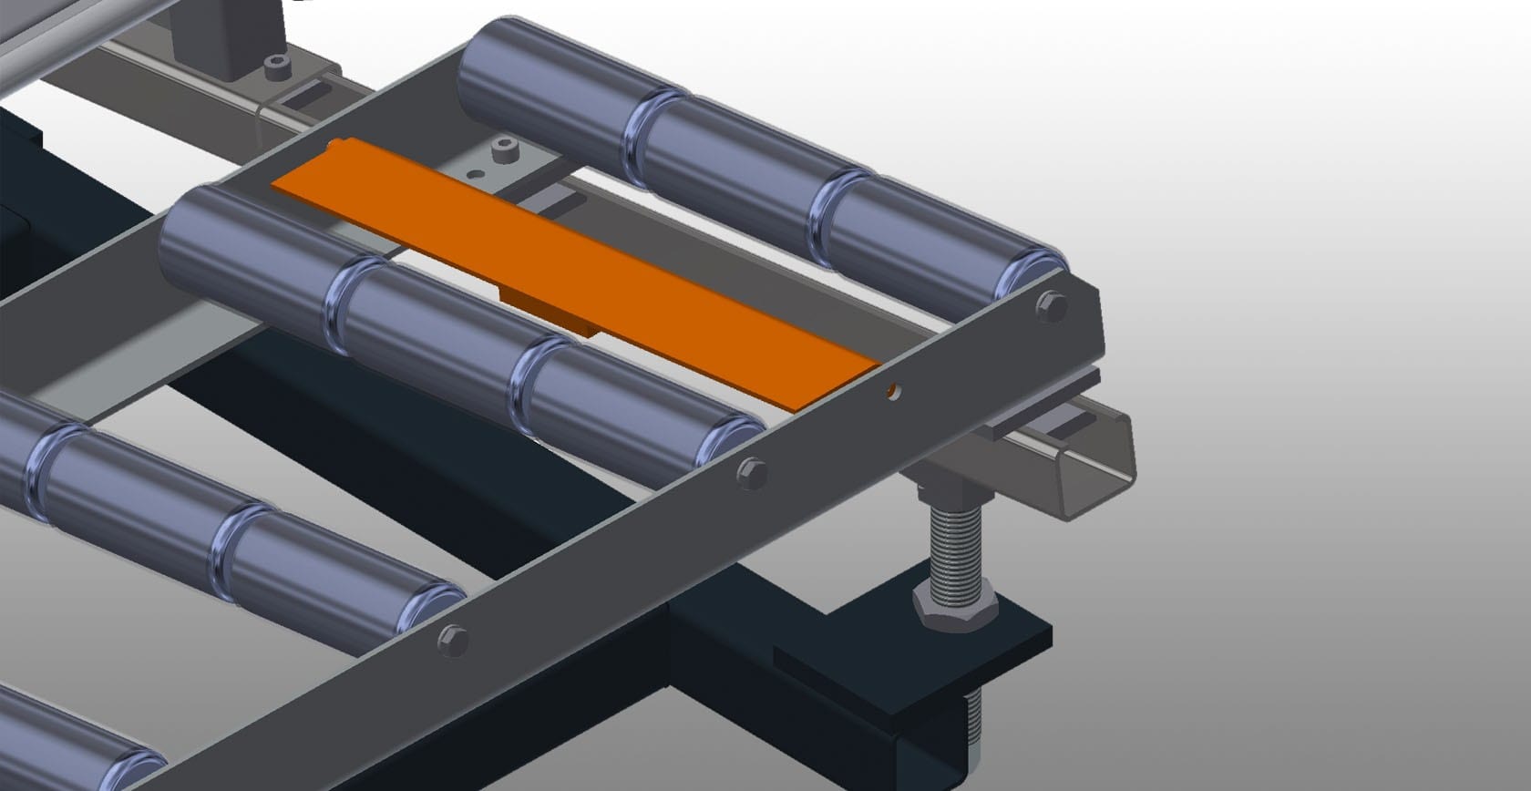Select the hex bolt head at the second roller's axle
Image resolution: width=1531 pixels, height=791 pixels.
[751, 472]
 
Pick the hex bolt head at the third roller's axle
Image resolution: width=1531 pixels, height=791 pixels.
[450, 637]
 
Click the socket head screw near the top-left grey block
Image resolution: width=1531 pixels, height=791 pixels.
[272, 66]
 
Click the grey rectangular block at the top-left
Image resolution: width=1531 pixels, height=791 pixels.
[219, 36]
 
